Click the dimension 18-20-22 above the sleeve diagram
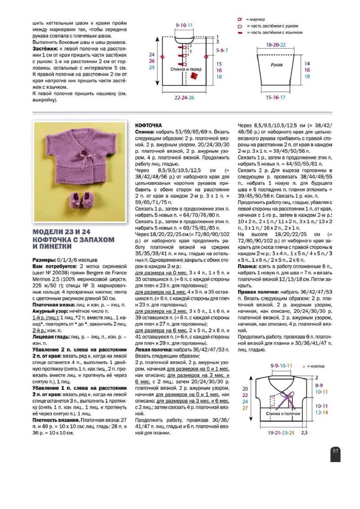[x=276, y=44]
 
